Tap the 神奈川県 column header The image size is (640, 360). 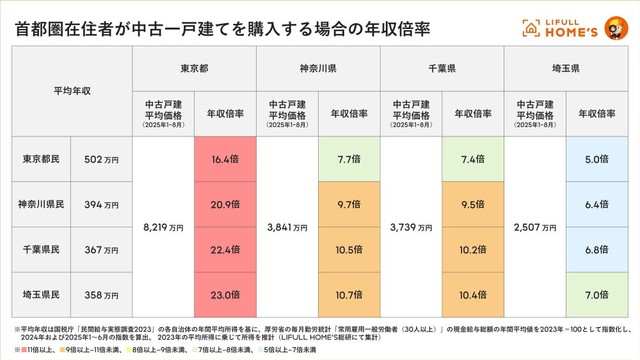tap(317, 70)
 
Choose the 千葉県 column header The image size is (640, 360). tap(441, 70)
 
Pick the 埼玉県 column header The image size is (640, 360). tap(565, 70)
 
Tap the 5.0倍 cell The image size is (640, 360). tap(596, 158)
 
